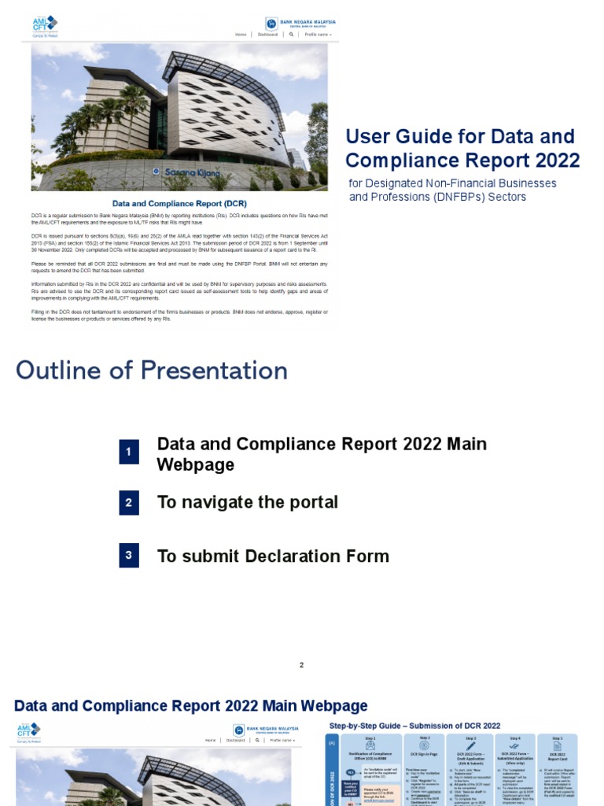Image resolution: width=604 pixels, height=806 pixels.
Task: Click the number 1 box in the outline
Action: click(x=129, y=453)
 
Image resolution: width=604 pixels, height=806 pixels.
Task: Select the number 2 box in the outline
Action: click(x=129, y=503)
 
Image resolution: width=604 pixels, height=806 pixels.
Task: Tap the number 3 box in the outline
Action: click(x=129, y=556)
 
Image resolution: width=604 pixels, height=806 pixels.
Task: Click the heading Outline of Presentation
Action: click(x=152, y=371)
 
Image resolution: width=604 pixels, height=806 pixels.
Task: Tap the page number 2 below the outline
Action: click(x=301, y=665)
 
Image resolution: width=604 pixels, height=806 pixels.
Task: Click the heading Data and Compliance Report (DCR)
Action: click(x=179, y=203)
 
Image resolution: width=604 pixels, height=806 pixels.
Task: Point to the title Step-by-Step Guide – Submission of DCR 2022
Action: click(x=414, y=725)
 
